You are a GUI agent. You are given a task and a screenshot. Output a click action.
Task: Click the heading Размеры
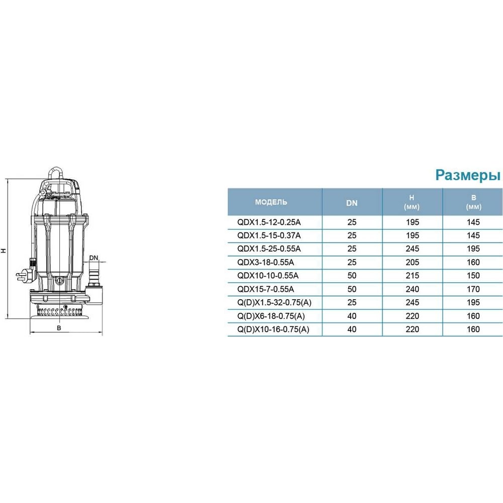[x=468, y=176]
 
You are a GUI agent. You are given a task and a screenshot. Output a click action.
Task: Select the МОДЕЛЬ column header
[x=271, y=202]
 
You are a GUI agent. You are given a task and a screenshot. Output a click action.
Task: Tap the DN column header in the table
[x=352, y=203]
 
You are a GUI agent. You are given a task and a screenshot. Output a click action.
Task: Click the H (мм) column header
[x=412, y=202]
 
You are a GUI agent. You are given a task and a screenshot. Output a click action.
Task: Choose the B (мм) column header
[x=473, y=202]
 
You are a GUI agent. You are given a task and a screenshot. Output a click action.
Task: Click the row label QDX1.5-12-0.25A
[x=269, y=222]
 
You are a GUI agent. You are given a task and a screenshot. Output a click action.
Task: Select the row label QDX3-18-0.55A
[x=265, y=263]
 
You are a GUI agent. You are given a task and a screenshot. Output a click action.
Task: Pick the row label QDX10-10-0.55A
[x=268, y=276]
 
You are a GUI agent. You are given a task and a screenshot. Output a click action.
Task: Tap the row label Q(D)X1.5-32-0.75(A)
[x=274, y=302]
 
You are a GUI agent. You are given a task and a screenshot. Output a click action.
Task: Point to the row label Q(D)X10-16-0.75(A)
[x=273, y=329]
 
